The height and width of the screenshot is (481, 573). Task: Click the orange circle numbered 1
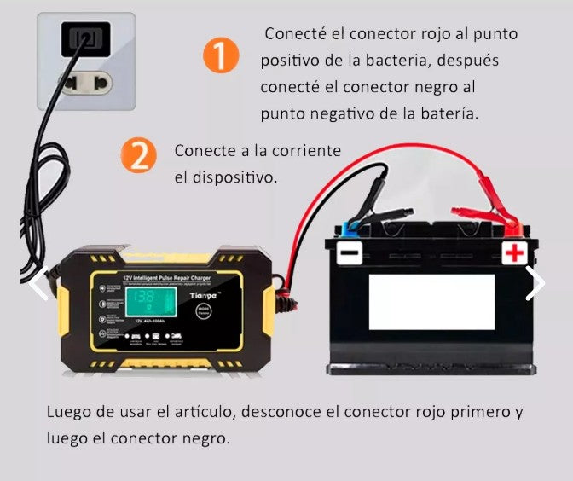coord(221,56)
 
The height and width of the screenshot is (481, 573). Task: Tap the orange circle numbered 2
coord(138,156)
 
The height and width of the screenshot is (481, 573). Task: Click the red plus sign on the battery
coord(514,253)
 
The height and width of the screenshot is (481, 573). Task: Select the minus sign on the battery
coord(350,253)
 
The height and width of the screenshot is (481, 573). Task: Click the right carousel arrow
coord(535,283)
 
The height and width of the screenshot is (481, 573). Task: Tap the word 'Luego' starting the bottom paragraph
coord(69,412)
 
